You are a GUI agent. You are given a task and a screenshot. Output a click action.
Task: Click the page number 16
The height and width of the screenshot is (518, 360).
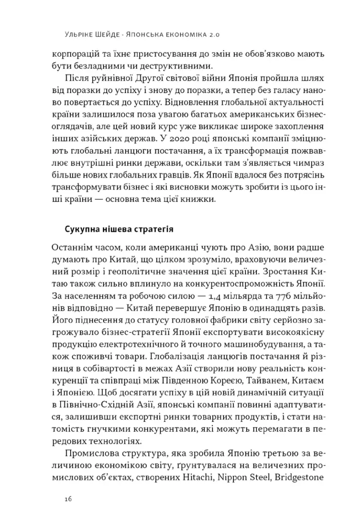tap(69, 499)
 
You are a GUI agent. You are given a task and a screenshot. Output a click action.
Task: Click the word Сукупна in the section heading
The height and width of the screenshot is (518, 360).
tap(83, 229)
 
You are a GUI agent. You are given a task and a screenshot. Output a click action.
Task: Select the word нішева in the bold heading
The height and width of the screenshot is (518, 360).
tap(119, 229)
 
